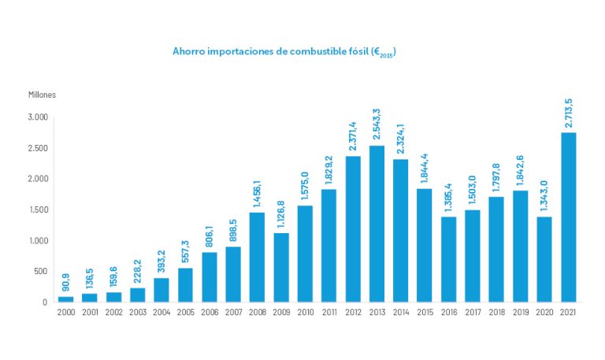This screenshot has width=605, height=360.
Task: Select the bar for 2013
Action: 377,224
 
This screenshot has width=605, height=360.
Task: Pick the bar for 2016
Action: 448,259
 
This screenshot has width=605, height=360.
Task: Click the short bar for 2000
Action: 66,299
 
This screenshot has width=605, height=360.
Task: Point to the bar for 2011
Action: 328,245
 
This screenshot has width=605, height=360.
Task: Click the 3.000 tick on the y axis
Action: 38,117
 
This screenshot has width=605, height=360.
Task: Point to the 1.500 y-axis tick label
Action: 38,210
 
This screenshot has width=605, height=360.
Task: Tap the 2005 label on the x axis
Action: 185,313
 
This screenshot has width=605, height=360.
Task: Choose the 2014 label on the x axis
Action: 400,313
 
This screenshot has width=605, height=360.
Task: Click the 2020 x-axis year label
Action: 544,313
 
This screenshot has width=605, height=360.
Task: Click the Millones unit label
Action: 43,95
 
